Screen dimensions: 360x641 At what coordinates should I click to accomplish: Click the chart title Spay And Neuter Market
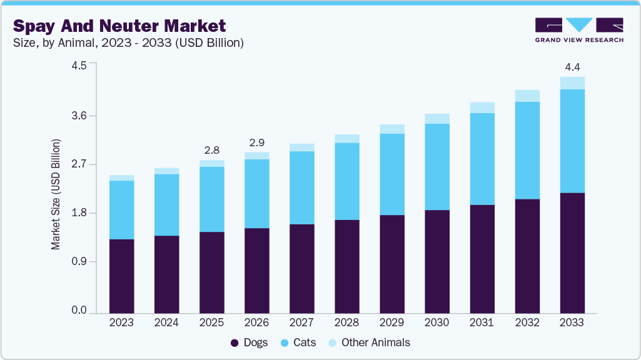pyautogui.click(x=119, y=26)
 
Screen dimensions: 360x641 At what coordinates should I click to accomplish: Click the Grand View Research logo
pyautogui.click(x=579, y=30)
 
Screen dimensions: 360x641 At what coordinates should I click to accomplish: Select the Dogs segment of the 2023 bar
pyautogui.click(x=121, y=276)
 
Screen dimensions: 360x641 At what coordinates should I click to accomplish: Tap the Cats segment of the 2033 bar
pyautogui.click(x=572, y=141)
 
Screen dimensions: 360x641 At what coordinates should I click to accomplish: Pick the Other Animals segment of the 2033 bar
pyautogui.click(x=572, y=83)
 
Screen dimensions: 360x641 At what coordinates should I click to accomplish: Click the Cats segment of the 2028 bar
pyautogui.click(x=347, y=181)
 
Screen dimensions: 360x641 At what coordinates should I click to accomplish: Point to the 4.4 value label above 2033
pyautogui.click(x=572, y=67)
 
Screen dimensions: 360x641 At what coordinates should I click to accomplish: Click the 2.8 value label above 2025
pyautogui.click(x=211, y=150)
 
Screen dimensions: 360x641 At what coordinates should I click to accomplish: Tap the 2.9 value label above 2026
pyautogui.click(x=256, y=142)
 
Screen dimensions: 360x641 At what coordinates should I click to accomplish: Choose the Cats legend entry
pyautogui.click(x=299, y=342)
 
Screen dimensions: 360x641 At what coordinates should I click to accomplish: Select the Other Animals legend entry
pyautogui.click(x=368, y=342)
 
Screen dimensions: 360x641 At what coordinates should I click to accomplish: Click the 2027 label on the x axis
pyautogui.click(x=301, y=322)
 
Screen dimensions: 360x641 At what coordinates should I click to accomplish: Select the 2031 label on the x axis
pyautogui.click(x=482, y=322)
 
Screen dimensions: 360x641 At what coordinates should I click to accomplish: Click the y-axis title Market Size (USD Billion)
pyautogui.click(x=56, y=195)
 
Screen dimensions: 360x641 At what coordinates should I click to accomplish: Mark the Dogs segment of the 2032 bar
pyautogui.click(x=527, y=256)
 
